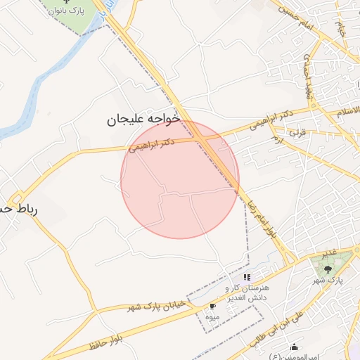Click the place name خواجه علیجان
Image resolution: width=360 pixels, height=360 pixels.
coord(143,120)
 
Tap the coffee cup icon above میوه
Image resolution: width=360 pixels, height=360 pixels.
coord(212,307)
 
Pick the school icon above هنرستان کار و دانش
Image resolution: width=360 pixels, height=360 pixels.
coord(246,278)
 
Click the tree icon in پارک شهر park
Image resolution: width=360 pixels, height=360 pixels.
coord(327,268)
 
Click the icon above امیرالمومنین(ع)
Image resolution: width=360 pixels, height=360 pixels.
coord(295,347)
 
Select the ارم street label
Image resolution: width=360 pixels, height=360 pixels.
coord(277,139)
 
